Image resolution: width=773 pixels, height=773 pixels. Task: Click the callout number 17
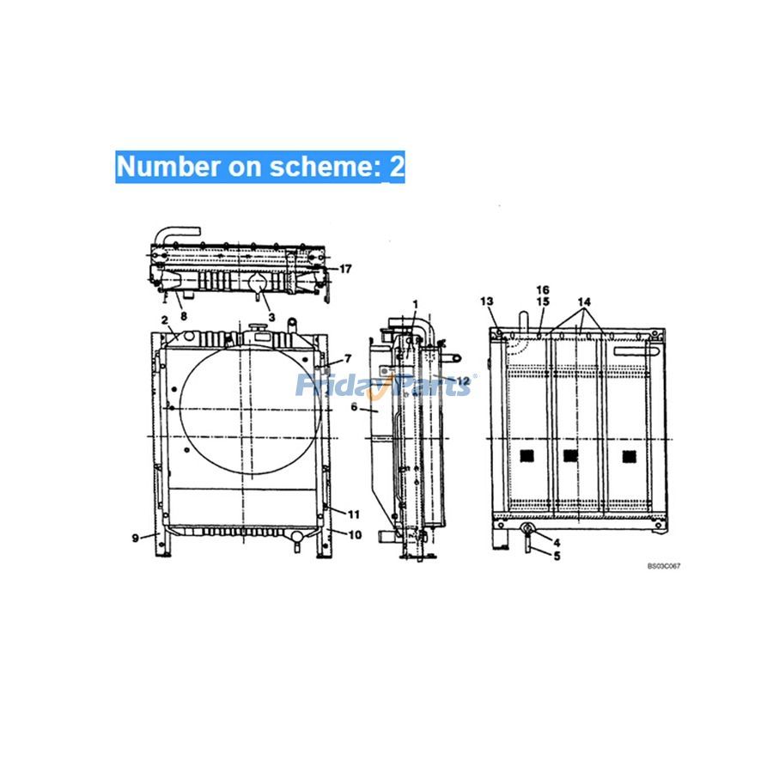coord(345,269)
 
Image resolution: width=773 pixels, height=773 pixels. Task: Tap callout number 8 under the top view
coord(184,315)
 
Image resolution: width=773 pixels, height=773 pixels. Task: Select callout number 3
coord(271,318)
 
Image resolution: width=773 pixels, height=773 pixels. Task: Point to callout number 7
coord(348,358)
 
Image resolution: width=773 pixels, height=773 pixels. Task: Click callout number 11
coord(354,514)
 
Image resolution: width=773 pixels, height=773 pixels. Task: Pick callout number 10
coord(355,535)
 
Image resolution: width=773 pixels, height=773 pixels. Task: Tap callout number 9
coord(136,538)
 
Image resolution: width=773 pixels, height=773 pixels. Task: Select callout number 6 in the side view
coord(354,407)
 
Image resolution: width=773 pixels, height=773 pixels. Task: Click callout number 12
coord(463,381)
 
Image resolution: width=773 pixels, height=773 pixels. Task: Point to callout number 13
coord(487,301)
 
